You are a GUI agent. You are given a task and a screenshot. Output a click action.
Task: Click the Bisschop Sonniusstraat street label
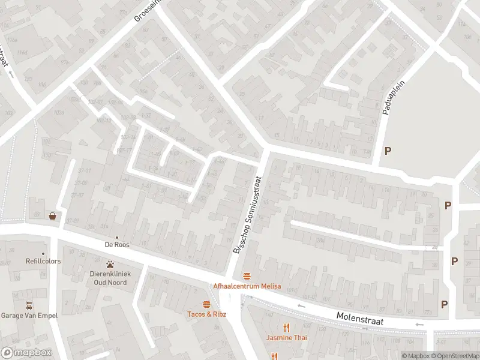coord(247,214)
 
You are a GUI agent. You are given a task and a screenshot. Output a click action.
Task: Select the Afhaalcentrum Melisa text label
coord(247,286)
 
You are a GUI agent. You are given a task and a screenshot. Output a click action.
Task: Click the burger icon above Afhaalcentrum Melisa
coord(247,276)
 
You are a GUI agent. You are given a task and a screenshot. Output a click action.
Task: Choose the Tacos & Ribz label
coord(206,314)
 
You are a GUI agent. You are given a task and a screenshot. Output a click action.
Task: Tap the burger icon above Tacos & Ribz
coord(206,304)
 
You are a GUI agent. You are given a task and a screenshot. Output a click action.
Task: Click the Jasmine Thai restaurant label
coord(287,338)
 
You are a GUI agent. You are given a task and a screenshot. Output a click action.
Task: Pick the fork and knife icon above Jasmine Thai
coord(287,328)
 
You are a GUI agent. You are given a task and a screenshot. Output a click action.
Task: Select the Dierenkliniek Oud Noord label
coord(110,278)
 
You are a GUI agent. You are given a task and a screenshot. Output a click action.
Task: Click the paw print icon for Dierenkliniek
coord(110,264)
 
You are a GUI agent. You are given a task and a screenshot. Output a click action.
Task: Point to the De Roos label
coord(117,245)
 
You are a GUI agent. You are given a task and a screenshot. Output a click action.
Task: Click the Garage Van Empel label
coord(28,316)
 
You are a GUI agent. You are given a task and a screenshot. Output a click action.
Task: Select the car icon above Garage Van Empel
coord(28,305)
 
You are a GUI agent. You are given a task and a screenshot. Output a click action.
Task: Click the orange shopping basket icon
coord(53,216)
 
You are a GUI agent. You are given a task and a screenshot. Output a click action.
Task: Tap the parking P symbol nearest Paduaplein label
coord(388,151)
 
